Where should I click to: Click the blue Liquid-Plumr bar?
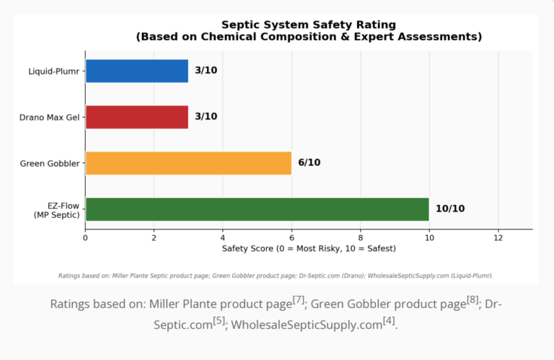pyautogui.click(x=136, y=71)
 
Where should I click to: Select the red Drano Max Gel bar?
pyautogui.click(x=136, y=116)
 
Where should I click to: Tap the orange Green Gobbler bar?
pyautogui.click(x=188, y=162)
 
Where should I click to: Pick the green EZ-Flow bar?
pyautogui.click(x=257, y=208)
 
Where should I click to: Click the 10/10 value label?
pyautogui.click(x=450, y=208)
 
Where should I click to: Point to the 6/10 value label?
pyautogui.click(x=309, y=162)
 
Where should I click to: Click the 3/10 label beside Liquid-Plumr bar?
pyautogui.click(x=206, y=71)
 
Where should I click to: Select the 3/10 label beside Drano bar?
pyautogui.click(x=206, y=116)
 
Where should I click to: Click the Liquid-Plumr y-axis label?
pyautogui.click(x=53, y=71)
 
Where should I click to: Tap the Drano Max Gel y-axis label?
pyautogui.click(x=49, y=117)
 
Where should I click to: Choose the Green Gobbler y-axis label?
pyautogui.click(x=50, y=163)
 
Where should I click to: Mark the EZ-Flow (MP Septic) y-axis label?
pyautogui.click(x=56, y=210)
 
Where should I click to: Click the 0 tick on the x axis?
pyautogui.click(x=85, y=237)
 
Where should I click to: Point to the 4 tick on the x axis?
pyautogui.click(x=223, y=237)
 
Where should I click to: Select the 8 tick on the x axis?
pyautogui.click(x=360, y=237)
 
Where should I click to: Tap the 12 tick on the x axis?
pyautogui.click(x=498, y=237)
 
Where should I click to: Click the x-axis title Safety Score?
pyautogui.click(x=309, y=248)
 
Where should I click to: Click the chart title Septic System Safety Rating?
pyautogui.click(x=309, y=25)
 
